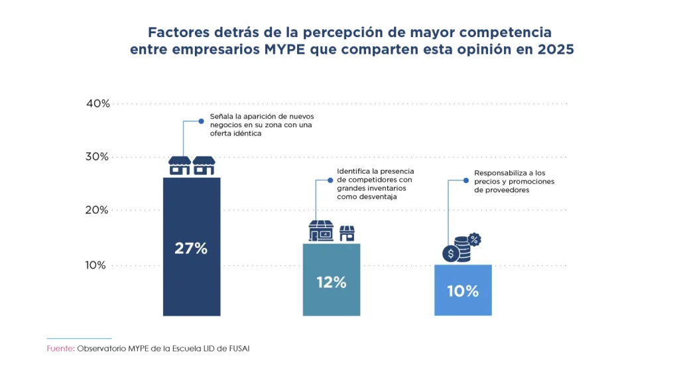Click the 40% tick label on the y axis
click(97, 103)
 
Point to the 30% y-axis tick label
click(97, 157)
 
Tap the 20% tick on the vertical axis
click(97, 210)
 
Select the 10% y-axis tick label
click(97, 265)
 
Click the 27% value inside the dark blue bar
click(191, 249)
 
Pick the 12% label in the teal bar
click(331, 282)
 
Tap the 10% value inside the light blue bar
click(463, 290)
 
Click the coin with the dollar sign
click(451, 253)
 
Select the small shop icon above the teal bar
click(347, 233)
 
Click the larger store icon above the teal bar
click(322, 231)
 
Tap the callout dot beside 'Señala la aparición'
click(202, 121)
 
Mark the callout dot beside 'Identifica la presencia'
click(330, 179)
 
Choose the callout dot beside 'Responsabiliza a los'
click(467, 180)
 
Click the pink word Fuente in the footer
click(60, 349)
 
